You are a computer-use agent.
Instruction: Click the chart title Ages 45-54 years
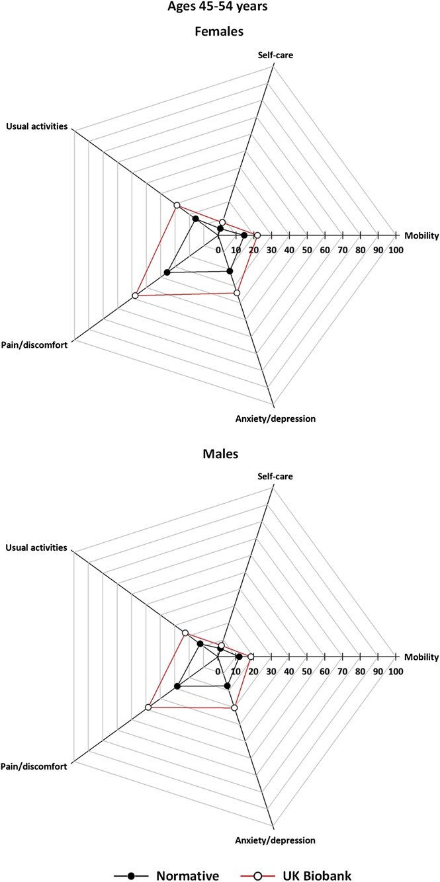tap(220, 10)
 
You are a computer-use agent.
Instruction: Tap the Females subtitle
tap(220, 30)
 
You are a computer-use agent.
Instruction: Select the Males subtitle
tap(220, 454)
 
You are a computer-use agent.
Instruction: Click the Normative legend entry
tap(187, 857)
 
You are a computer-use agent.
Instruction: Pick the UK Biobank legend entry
tap(321, 857)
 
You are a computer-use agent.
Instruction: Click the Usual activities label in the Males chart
tap(36, 547)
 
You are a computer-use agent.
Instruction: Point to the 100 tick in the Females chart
tap(396, 250)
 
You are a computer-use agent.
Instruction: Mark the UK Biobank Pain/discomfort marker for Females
tap(135, 296)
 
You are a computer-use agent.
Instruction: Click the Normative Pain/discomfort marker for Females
tap(167, 272)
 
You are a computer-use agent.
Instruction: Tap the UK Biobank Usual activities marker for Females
tap(177, 205)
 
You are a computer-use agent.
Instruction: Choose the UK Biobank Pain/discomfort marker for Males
tap(148, 708)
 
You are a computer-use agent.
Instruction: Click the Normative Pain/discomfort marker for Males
tap(177, 687)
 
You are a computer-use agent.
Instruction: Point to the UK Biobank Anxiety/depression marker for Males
tap(234, 708)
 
